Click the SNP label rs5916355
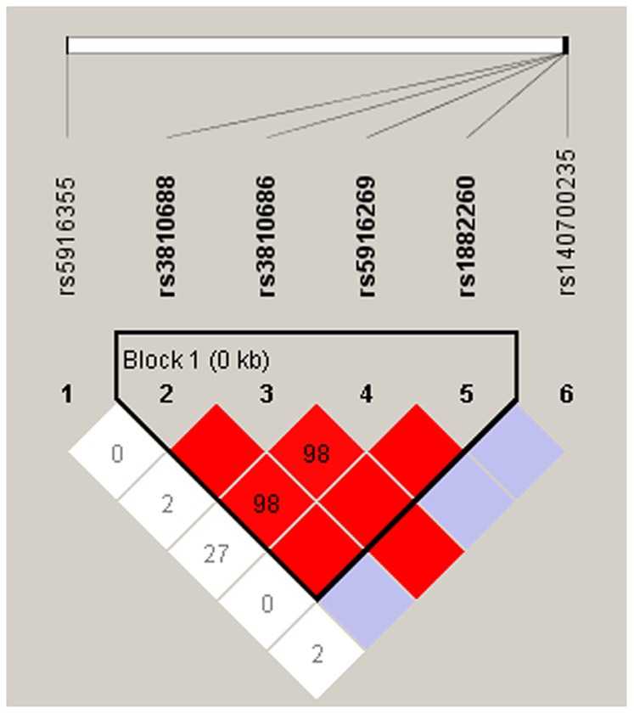pos(67,236)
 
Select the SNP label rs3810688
pos(167,236)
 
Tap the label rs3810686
pos(267,236)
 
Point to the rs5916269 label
pos(367,236)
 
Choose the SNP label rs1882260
pos(467,236)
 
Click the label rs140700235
pos(567,222)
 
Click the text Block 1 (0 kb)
pos(196,361)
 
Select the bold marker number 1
pos(67,394)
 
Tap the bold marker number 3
pos(267,394)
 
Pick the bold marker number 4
pos(367,394)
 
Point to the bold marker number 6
pos(566,394)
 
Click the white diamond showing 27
pos(216,553)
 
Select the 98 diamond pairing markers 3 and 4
pos(317,454)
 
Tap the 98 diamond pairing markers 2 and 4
pos(267,503)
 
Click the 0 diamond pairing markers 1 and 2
pos(117,454)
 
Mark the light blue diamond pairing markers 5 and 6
pos(516,454)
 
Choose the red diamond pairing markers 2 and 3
pos(217,454)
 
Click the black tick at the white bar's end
pos(566,45)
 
